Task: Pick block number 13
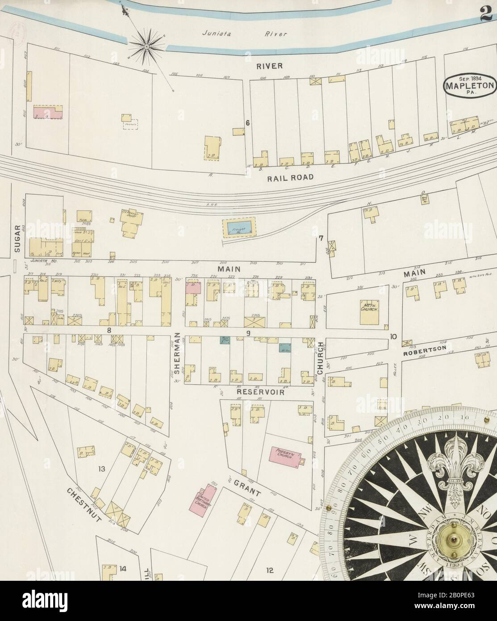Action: tap(101, 469)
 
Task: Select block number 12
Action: tap(269, 570)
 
